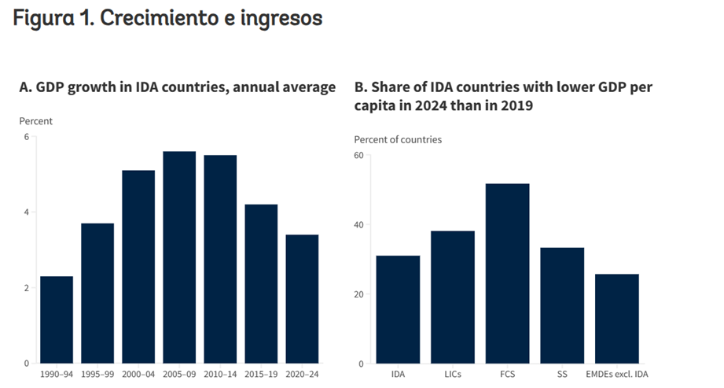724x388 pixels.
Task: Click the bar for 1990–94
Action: pos(57,320)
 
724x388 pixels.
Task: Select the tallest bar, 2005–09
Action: pos(179,257)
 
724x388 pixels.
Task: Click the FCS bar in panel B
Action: pos(507,274)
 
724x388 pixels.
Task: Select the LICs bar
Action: pos(453,297)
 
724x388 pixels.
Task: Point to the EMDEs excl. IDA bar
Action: pos(617,319)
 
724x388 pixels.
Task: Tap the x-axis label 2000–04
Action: pos(138,374)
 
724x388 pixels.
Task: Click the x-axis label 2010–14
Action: pos(219,374)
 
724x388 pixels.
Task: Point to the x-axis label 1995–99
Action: pos(97,374)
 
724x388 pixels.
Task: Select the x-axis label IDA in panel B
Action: pos(398,374)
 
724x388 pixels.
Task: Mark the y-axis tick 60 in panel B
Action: pos(358,155)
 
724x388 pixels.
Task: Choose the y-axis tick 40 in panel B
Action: pos(358,225)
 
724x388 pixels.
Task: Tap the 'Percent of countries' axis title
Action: pos(398,140)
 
